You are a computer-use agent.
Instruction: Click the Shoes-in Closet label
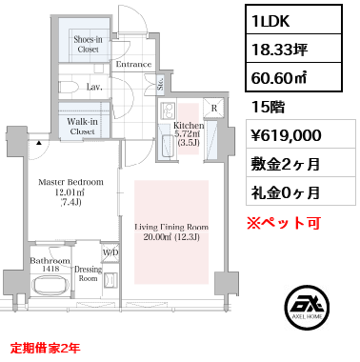88,45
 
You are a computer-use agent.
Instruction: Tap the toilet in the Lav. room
69,87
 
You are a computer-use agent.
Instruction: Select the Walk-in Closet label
83,127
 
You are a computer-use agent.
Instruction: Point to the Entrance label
133,64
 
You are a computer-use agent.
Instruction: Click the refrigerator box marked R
214,108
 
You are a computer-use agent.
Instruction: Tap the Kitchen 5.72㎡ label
189,133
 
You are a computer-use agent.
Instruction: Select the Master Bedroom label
70,191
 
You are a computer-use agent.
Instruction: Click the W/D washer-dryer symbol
110,252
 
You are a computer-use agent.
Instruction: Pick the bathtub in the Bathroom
51,286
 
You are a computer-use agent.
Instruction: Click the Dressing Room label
88,273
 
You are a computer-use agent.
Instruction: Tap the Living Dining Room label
171,231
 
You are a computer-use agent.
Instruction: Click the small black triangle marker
39,143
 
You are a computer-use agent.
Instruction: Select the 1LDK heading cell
293,20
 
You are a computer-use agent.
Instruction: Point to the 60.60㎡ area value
279,77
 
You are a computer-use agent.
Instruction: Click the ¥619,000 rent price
287,135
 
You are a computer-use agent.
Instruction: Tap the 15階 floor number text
268,108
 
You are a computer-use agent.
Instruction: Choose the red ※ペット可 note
284,223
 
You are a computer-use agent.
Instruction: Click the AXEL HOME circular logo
307,307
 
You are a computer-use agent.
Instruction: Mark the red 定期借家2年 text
45,349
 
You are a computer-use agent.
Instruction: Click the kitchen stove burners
168,111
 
